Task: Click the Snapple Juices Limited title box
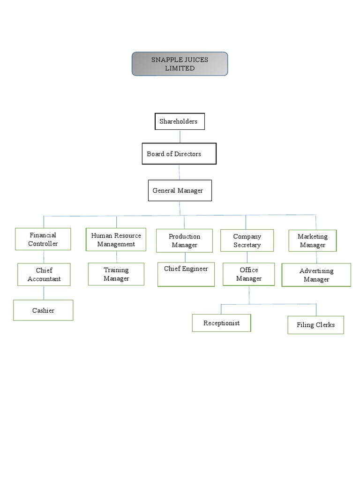pyautogui.click(x=180, y=64)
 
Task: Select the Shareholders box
pyautogui.click(x=180, y=122)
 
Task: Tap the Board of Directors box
pyautogui.click(x=179, y=154)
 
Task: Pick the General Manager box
pyautogui.click(x=180, y=190)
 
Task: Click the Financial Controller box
pyautogui.click(x=43, y=240)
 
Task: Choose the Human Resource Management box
pyautogui.click(x=116, y=240)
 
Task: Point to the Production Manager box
pyautogui.click(x=184, y=241)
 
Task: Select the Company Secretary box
pyautogui.click(x=247, y=241)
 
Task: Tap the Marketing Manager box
pyautogui.click(x=313, y=241)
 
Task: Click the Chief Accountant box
pyautogui.click(x=44, y=275)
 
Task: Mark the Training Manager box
pyautogui.click(x=116, y=274)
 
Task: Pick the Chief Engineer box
pyautogui.click(x=186, y=274)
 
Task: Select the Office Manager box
pyautogui.click(x=249, y=274)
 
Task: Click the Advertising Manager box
pyautogui.click(x=316, y=275)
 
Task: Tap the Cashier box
pyautogui.click(x=43, y=310)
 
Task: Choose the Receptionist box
pyautogui.click(x=221, y=323)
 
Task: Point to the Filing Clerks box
pyautogui.click(x=315, y=325)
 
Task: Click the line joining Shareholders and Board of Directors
pyautogui.click(x=180, y=136)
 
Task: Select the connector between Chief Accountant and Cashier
pyautogui.click(x=44, y=293)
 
